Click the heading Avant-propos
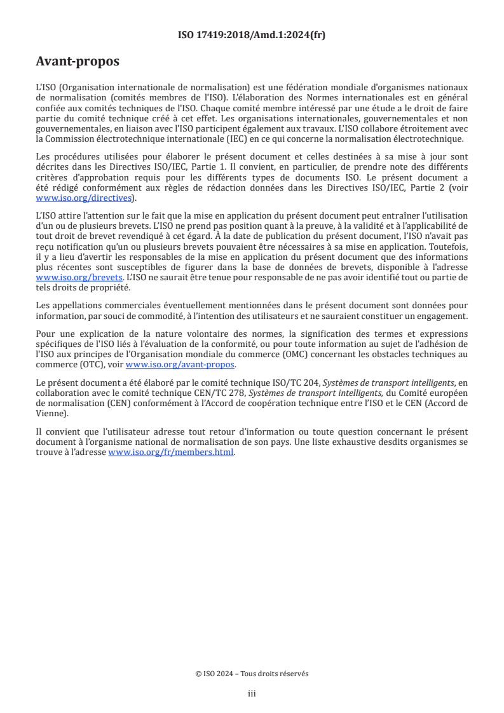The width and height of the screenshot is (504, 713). pos(78,62)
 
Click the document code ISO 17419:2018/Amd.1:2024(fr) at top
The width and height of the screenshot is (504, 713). pos(252,36)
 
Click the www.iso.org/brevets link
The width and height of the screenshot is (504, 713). pos(79,278)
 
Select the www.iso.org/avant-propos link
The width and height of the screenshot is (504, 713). pos(180,365)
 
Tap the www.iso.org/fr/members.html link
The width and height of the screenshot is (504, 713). pos(172,452)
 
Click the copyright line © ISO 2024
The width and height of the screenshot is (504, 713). pos(252,674)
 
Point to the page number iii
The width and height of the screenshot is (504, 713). pos(252,694)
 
